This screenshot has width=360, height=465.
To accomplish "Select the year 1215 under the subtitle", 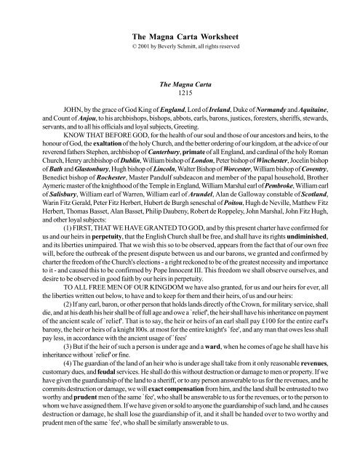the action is point(180,94).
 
